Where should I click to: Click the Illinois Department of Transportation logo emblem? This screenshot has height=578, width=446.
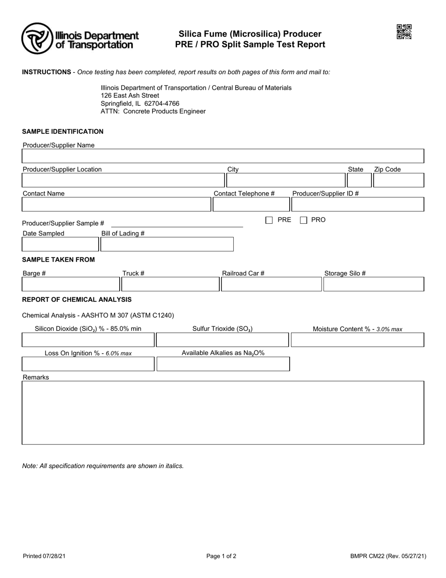37,39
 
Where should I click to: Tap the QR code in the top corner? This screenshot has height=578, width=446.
404,32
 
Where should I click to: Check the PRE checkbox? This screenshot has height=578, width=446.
269,220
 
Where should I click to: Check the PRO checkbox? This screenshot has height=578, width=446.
304,220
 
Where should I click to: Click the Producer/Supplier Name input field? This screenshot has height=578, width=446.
223,156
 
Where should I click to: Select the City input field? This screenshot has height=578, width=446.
285,180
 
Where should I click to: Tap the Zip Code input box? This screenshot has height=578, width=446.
399,180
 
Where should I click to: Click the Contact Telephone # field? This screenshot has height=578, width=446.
251,204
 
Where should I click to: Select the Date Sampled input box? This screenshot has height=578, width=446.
60,244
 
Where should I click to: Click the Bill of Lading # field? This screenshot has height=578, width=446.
167,244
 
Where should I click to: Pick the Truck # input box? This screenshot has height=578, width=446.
170,284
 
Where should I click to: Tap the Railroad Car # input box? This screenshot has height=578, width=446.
271,284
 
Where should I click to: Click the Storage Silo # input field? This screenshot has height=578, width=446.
374,284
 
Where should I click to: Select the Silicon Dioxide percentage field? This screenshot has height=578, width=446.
88,340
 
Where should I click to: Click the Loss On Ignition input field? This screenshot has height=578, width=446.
88,364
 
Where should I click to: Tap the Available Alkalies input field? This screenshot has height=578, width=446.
223,364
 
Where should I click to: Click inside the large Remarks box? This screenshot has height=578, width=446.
223,413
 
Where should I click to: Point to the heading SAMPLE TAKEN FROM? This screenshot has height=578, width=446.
58,259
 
